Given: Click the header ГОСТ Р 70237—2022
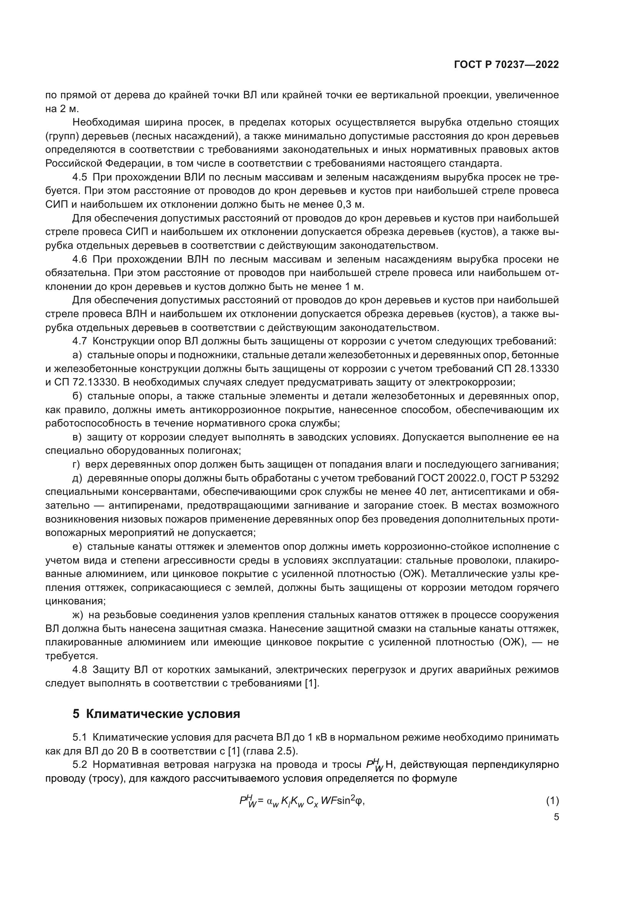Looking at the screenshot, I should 506,65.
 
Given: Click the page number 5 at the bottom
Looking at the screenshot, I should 556,817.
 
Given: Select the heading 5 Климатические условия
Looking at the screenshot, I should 156,714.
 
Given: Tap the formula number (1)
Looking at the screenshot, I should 552,800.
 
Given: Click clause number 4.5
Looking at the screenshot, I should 79,177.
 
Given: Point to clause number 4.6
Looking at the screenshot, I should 79,259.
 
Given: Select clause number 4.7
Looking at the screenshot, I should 79,341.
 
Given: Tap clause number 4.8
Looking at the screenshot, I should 79,670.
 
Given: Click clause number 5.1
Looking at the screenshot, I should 79,738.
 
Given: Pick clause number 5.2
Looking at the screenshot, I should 79,765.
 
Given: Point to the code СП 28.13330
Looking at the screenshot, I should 528,369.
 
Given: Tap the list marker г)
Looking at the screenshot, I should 76,464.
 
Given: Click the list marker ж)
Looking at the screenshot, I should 78,615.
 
